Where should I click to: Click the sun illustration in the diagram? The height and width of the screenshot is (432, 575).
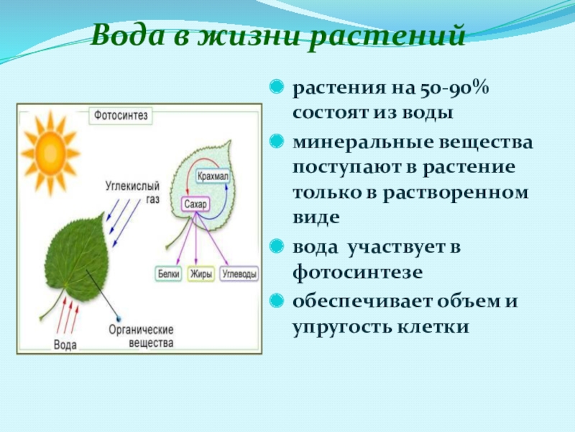tap(49, 151)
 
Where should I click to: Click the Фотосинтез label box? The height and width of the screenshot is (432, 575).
tap(120, 114)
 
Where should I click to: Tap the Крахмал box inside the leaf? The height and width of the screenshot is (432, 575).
tap(213, 175)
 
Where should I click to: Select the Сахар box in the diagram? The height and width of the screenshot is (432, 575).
tap(194, 204)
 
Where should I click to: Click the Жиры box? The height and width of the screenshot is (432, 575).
tap(200, 274)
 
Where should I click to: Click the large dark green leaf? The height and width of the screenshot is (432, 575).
tap(78, 259)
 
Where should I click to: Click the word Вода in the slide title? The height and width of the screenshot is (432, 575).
tap(123, 35)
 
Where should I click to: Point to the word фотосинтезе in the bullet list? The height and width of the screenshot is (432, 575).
tap(357, 272)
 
